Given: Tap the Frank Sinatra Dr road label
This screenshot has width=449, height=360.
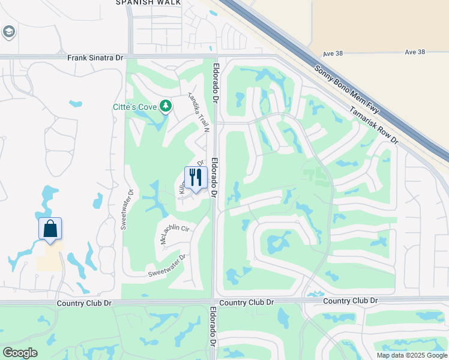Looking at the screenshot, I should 95,58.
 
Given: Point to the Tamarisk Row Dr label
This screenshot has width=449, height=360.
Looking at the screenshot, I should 373,125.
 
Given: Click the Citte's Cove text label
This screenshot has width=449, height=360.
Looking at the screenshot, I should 135,107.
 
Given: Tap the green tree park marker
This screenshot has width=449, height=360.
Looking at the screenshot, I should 166,107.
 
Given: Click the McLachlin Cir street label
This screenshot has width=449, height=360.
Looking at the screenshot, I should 174,233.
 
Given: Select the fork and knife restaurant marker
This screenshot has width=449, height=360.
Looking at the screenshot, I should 196,177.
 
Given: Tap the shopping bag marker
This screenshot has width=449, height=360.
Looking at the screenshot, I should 50,229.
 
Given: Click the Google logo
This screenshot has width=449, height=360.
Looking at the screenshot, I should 19,353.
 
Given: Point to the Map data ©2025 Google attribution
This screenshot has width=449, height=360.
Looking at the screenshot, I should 412,355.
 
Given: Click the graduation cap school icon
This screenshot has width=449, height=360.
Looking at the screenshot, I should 8,31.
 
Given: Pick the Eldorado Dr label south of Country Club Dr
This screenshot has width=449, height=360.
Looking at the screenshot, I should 212,328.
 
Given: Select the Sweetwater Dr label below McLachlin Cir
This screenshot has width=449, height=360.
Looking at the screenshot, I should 167,266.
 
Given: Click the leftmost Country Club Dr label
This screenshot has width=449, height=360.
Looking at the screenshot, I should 85,304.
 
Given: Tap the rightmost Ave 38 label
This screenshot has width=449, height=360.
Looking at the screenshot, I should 415,53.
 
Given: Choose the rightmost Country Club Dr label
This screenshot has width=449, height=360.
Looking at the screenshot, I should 351,301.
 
